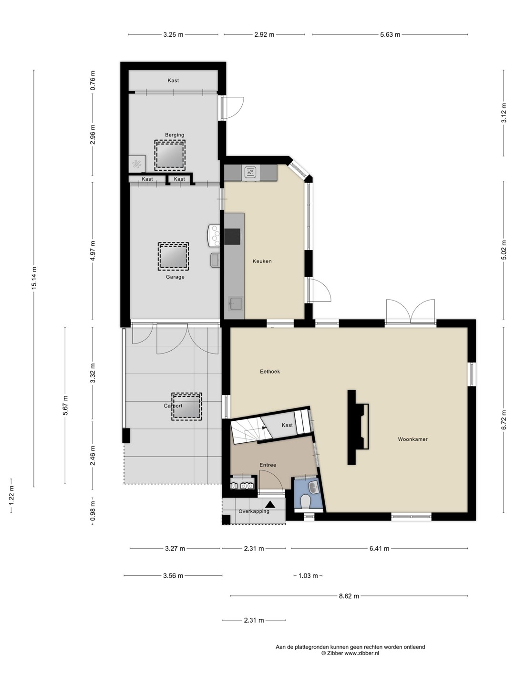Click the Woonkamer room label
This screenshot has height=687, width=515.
[412, 439]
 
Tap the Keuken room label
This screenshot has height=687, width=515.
[262, 261]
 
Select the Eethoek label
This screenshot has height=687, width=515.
[270, 372]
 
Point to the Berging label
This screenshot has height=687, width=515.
[175, 135]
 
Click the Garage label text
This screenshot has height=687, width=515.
[175, 277]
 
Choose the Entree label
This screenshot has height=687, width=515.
[268, 465]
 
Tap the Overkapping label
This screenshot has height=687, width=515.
[254, 511]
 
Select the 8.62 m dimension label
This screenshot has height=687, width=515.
[349, 596]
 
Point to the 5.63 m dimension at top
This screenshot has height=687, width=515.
[390, 35]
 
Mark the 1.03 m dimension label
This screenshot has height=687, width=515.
[308, 576]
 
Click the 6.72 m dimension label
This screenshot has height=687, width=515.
[504, 420]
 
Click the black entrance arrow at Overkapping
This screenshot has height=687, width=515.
[270, 504]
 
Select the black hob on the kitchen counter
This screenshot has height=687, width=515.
[232, 236]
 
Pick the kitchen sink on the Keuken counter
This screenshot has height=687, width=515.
[235, 303]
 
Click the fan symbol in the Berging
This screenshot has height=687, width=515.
[137, 163]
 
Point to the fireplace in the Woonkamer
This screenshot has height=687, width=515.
[358, 427]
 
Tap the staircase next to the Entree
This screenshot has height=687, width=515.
[251, 431]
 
